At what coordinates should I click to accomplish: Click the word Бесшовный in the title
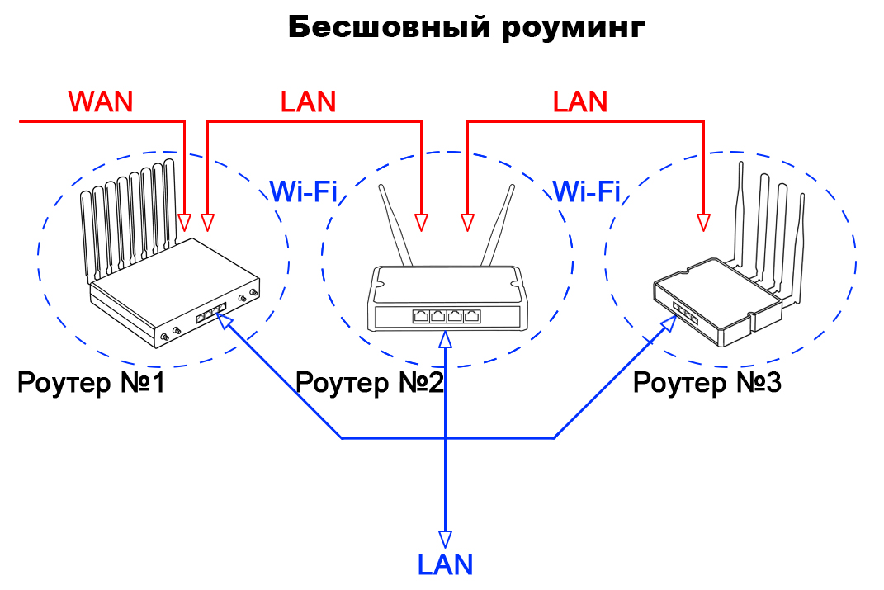388,27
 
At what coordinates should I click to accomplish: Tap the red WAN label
100,101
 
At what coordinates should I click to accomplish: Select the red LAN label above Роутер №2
308,101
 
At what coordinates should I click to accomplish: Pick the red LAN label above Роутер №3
579,101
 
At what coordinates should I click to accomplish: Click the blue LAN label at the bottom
445,564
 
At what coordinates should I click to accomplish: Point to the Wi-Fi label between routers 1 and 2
303,192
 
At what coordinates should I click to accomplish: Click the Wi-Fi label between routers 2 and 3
586,192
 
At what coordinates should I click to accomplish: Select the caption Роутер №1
91,383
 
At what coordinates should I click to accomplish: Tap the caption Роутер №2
370,383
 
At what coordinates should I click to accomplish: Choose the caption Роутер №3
706,383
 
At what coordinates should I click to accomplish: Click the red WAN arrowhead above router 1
185,222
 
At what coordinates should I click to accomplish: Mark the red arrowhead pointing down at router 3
703,222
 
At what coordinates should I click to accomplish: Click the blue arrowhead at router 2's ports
446,339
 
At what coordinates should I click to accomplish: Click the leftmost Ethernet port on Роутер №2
421,315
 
